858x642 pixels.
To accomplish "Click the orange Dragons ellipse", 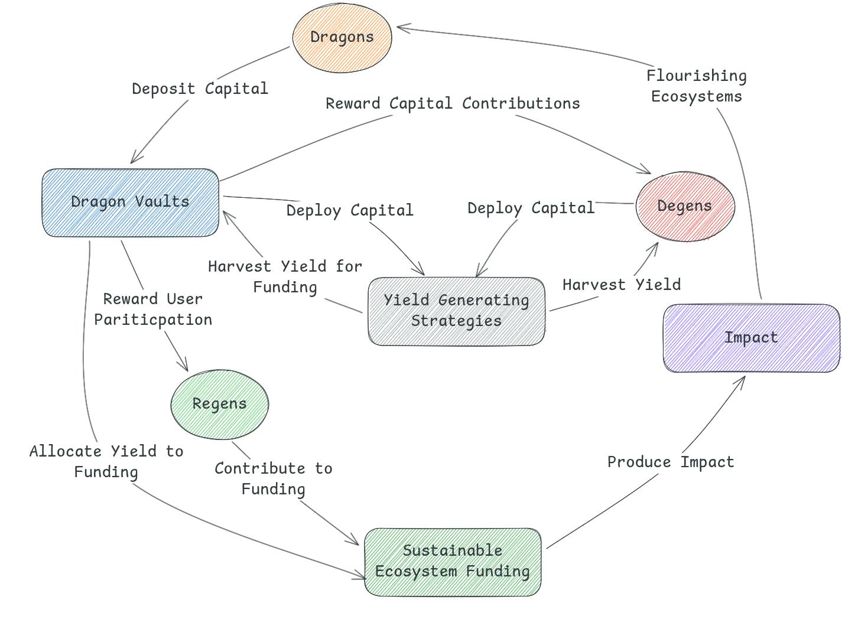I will (342, 37).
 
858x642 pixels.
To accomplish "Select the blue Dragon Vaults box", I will (130, 202).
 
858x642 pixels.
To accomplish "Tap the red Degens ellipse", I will (685, 206).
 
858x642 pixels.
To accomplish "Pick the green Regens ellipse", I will (219, 404).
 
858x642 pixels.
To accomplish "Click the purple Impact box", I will (751, 338).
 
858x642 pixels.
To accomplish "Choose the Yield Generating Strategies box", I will (456, 311).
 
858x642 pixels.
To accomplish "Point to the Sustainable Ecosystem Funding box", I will (453, 562).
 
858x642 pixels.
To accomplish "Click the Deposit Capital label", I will (200, 89).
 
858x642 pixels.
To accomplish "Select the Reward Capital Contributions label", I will (453, 104).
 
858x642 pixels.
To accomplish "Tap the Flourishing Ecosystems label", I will (697, 86).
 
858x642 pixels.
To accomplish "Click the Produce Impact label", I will (671, 462).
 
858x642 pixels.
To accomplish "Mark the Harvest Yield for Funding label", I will (285, 277).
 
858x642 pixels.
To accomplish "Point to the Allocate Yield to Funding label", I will (106, 462).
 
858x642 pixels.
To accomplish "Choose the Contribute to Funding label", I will (273, 479).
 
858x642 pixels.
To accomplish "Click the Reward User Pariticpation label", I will (153, 309).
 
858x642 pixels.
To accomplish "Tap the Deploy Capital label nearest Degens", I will (531, 208).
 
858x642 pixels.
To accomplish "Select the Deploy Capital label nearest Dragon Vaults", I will (350, 211).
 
